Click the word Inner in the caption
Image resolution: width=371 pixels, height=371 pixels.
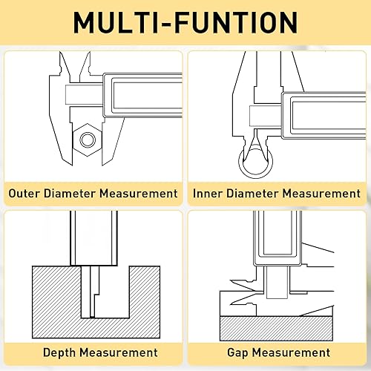(210, 194)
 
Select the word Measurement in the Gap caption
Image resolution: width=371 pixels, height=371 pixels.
(289, 352)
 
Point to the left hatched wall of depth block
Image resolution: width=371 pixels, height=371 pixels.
(52, 293)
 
